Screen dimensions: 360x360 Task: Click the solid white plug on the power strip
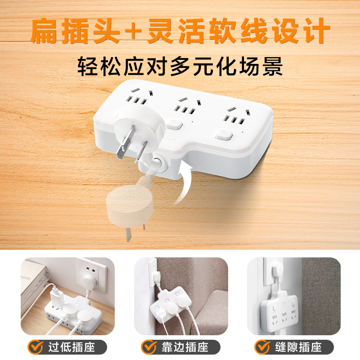coord(135,130)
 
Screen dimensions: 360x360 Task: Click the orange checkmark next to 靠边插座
coord(148,347)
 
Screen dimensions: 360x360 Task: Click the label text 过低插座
coord(70,347)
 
